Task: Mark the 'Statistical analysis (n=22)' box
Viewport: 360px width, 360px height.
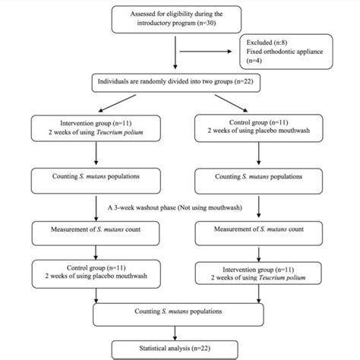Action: (x=179, y=348)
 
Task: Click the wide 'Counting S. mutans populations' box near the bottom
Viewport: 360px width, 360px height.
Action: (x=179, y=311)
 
